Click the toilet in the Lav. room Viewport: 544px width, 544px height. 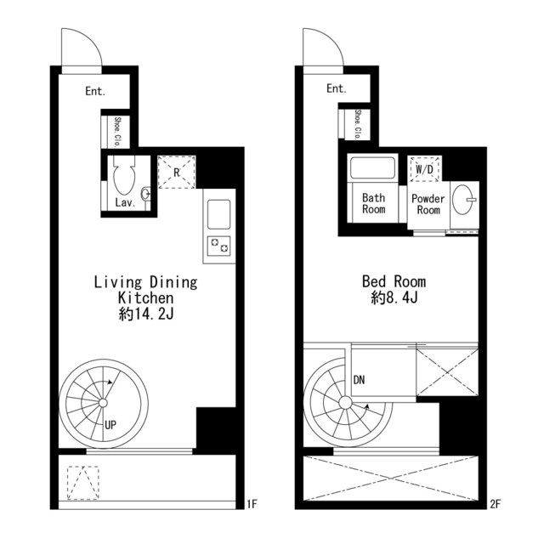coord(124,174)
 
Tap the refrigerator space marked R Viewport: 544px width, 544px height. coord(177,172)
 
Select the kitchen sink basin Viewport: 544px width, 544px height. coord(218,214)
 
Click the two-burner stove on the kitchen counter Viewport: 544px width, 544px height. coord(218,246)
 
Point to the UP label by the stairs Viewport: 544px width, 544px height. coord(110,425)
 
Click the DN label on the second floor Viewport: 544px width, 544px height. coord(359,380)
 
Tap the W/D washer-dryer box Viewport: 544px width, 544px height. coord(425,169)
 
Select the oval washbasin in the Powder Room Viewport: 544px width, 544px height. coord(463,200)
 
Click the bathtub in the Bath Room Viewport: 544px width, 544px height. coord(372,168)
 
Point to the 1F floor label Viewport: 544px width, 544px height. coord(252,504)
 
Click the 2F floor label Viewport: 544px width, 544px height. coord(496,504)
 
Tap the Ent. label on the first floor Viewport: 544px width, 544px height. coord(95,91)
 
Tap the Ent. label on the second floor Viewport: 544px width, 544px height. coord(337,88)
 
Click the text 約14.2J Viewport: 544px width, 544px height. coord(145,314)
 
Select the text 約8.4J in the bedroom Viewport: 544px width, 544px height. coord(394,297)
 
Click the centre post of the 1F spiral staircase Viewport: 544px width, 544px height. coord(103,403)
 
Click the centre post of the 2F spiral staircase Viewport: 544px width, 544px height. coord(344,403)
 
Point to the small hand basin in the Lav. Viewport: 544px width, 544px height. coord(146,193)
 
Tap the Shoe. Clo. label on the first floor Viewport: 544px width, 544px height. coord(117,133)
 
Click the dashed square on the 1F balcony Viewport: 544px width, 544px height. coord(83,483)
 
